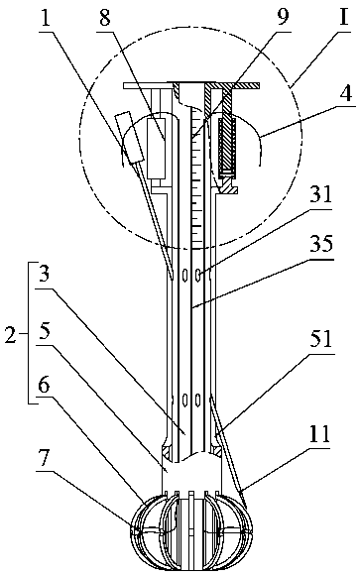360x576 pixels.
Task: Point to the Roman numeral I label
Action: coord(344,16)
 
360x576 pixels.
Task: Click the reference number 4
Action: coord(345,94)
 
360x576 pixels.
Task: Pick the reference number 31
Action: coord(320,194)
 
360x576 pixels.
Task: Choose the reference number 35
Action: coord(321,244)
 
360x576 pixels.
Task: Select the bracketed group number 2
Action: coord(11,334)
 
